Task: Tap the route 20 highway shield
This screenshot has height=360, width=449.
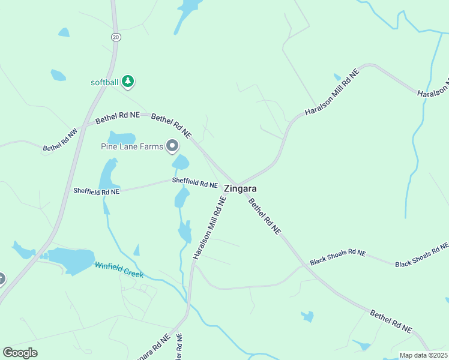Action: coord(116,37)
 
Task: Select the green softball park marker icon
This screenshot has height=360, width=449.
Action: coord(127,81)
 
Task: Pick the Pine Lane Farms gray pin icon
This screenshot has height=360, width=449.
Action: coord(172,146)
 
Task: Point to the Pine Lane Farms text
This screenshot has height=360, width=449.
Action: coord(131,146)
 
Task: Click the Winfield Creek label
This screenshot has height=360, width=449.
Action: coord(119,269)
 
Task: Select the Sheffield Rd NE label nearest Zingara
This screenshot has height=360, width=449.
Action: coord(194,182)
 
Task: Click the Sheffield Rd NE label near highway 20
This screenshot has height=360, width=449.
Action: coord(97,191)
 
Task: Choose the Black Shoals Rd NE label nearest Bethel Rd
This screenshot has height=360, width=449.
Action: coord(338,257)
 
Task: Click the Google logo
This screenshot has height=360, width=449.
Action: coord(20,353)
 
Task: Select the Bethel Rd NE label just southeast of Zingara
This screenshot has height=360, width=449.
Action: coord(264,216)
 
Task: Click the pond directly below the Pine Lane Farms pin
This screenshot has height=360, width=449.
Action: coord(180,162)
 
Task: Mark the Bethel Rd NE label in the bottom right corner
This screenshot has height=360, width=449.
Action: coord(391,321)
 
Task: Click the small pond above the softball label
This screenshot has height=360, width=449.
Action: coord(58,75)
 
